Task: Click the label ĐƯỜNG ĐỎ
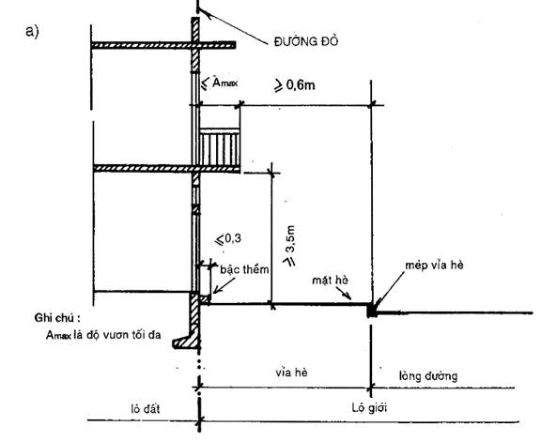[306, 41]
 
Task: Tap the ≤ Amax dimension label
[220, 84]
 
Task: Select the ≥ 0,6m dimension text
[295, 85]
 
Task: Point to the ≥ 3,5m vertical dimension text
[289, 246]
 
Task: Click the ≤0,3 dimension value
[228, 239]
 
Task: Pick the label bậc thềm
[244, 269]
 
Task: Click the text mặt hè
[331, 280]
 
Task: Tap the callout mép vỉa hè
[434, 266]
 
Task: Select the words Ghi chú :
[57, 317]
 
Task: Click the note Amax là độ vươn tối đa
[103, 335]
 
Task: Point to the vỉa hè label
[291, 373]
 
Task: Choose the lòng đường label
[428, 375]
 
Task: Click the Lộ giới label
[369, 408]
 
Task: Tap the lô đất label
[146, 409]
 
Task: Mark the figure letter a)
[33, 31]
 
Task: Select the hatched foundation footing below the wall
[186, 322]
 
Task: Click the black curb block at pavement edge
[371, 310]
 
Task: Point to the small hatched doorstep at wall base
[205, 299]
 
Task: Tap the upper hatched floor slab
[163, 45]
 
